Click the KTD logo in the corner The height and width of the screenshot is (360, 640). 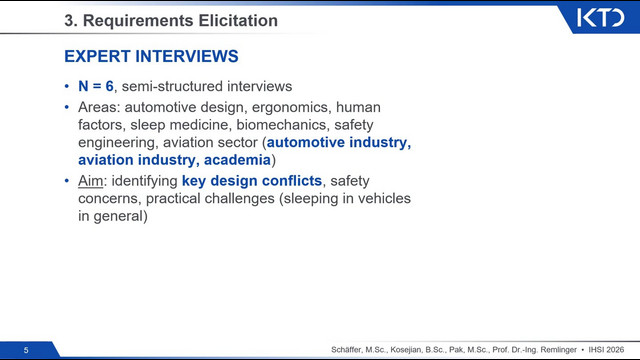click(x=600, y=18)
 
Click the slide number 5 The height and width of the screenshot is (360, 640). click(x=26, y=350)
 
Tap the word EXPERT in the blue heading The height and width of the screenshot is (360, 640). click(x=97, y=56)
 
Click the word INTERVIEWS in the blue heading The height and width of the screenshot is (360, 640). click(x=187, y=56)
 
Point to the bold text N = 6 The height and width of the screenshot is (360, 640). click(x=96, y=86)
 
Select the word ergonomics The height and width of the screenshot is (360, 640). click(x=290, y=107)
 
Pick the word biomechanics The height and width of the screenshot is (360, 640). click(x=282, y=124)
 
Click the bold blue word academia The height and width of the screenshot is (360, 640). click(x=237, y=160)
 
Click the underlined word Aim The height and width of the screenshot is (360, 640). click(x=91, y=180)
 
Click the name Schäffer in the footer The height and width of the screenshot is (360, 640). click(x=346, y=350)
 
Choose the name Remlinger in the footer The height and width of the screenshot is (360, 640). click(x=558, y=350)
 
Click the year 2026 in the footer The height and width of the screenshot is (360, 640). click(x=614, y=350)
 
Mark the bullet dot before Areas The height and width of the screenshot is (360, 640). click(x=67, y=107)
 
